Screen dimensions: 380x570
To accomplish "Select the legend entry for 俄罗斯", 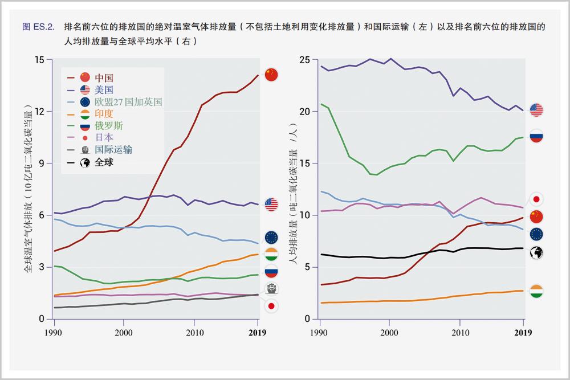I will click(x=108, y=125).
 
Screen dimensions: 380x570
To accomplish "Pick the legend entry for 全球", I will click(x=104, y=162).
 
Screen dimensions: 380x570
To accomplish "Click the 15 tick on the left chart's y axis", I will click(x=39, y=60).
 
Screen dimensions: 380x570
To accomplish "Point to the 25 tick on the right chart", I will click(x=305, y=60).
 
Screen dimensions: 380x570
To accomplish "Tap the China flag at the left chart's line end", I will click(x=271, y=75).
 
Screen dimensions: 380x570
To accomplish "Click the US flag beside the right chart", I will click(x=536, y=110).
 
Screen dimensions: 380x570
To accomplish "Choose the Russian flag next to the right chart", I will click(x=536, y=136).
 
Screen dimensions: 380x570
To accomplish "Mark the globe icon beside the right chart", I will click(x=536, y=253).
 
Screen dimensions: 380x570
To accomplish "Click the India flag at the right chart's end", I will click(x=536, y=292).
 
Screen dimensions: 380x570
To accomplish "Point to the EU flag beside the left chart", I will click(x=271, y=238).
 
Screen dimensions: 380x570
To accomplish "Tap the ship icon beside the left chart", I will click(x=271, y=288).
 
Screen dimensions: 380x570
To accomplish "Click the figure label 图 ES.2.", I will click(x=38, y=26).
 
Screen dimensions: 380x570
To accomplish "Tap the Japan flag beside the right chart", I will click(x=536, y=199).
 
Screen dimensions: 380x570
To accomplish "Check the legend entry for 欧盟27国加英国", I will click(x=128, y=101).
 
